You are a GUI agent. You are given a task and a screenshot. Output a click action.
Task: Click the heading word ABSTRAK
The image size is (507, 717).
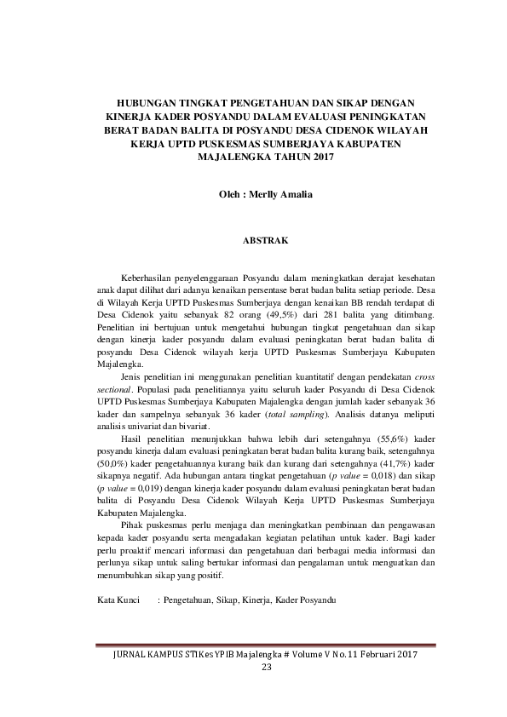[x=266, y=241]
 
